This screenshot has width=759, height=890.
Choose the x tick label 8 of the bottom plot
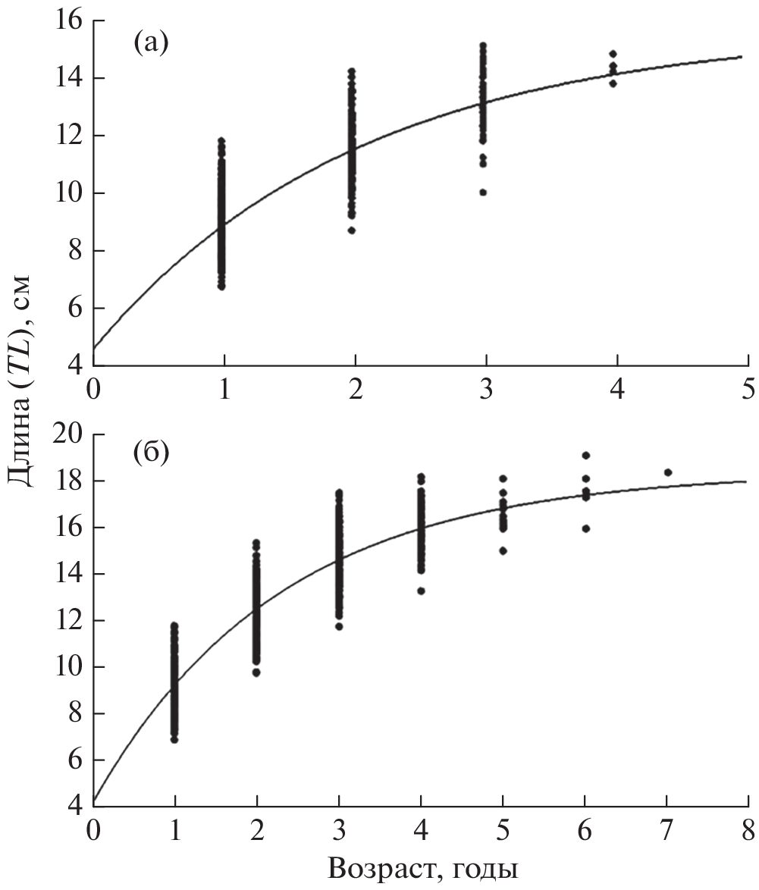coord(748,827)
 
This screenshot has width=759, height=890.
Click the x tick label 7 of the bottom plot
coord(666,827)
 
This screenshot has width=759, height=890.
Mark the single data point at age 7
coord(668,472)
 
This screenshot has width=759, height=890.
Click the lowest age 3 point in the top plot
coord(483,192)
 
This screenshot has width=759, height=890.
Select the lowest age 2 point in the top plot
coord(352,230)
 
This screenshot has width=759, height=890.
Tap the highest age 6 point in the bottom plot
coord(585,455)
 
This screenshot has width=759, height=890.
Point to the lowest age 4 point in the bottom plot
coord(421,591)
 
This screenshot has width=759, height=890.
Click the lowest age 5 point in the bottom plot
coord(503,550)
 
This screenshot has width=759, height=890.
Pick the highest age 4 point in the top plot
coord(613,54)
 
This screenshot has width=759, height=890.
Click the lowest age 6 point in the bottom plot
coord(585,528)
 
